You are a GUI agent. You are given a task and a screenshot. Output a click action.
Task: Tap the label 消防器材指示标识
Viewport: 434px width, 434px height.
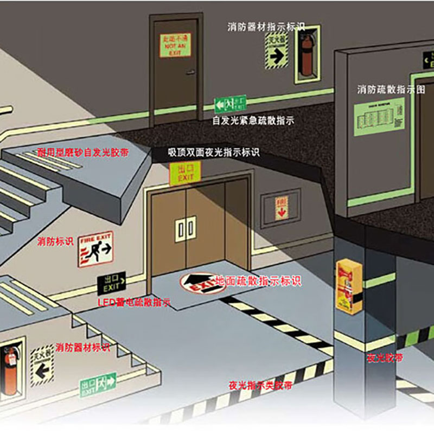(x=266, y=26)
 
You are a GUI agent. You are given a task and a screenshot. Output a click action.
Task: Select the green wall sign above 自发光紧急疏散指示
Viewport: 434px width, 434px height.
(x=230, y=103)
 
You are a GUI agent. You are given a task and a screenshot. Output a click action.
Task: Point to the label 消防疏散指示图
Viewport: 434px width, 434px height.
(x=391, y=90)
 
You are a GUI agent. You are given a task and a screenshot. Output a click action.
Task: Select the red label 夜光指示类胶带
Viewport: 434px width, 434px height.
(x=260, y=386)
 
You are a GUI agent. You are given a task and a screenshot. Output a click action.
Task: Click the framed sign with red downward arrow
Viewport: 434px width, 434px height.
(x=280, y=209)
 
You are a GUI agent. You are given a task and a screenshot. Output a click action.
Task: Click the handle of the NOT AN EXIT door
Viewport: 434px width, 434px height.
(x=190, y=73)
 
